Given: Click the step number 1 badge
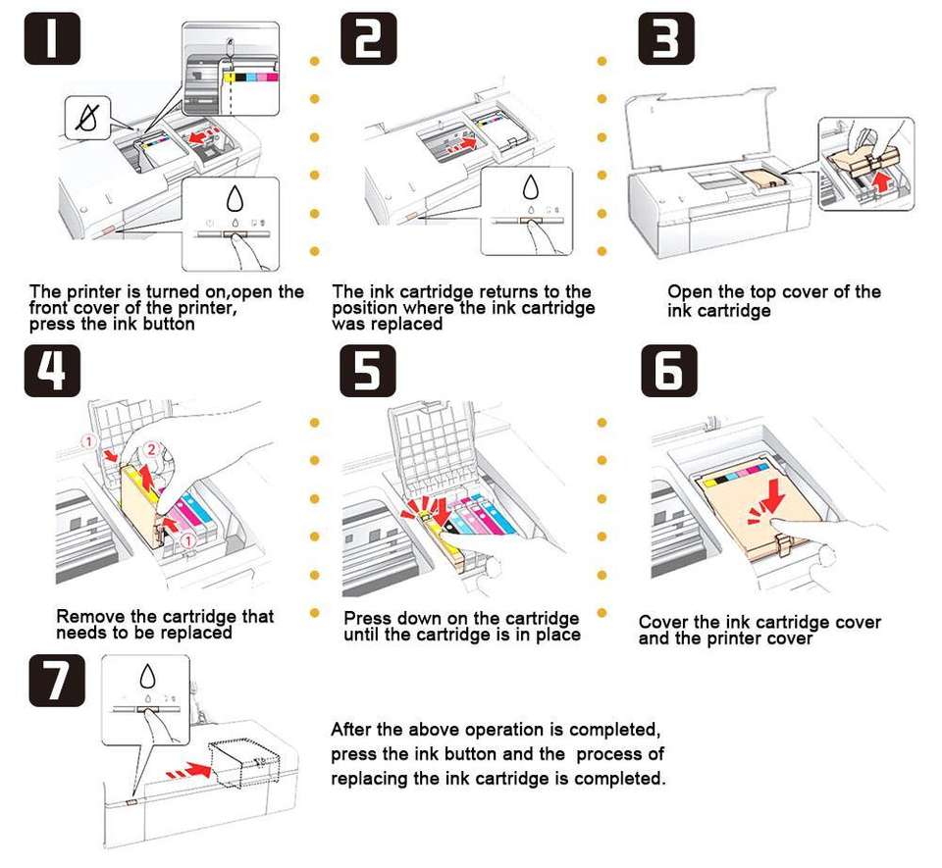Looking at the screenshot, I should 51,39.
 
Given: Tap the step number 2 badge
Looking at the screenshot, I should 369,39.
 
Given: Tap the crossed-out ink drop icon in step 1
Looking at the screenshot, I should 84,119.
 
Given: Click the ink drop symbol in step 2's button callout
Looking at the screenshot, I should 531,188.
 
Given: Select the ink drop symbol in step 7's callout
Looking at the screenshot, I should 147,677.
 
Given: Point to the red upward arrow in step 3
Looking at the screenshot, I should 882,181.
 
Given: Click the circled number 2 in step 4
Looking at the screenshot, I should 150,450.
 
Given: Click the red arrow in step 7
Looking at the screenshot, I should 191,772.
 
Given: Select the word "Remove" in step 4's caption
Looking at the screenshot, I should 91,617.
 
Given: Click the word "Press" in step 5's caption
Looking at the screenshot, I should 367,619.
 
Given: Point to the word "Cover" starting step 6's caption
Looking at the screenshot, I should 663,623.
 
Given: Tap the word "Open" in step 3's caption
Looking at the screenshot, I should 690,292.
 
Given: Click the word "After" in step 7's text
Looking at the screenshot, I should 354,730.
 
